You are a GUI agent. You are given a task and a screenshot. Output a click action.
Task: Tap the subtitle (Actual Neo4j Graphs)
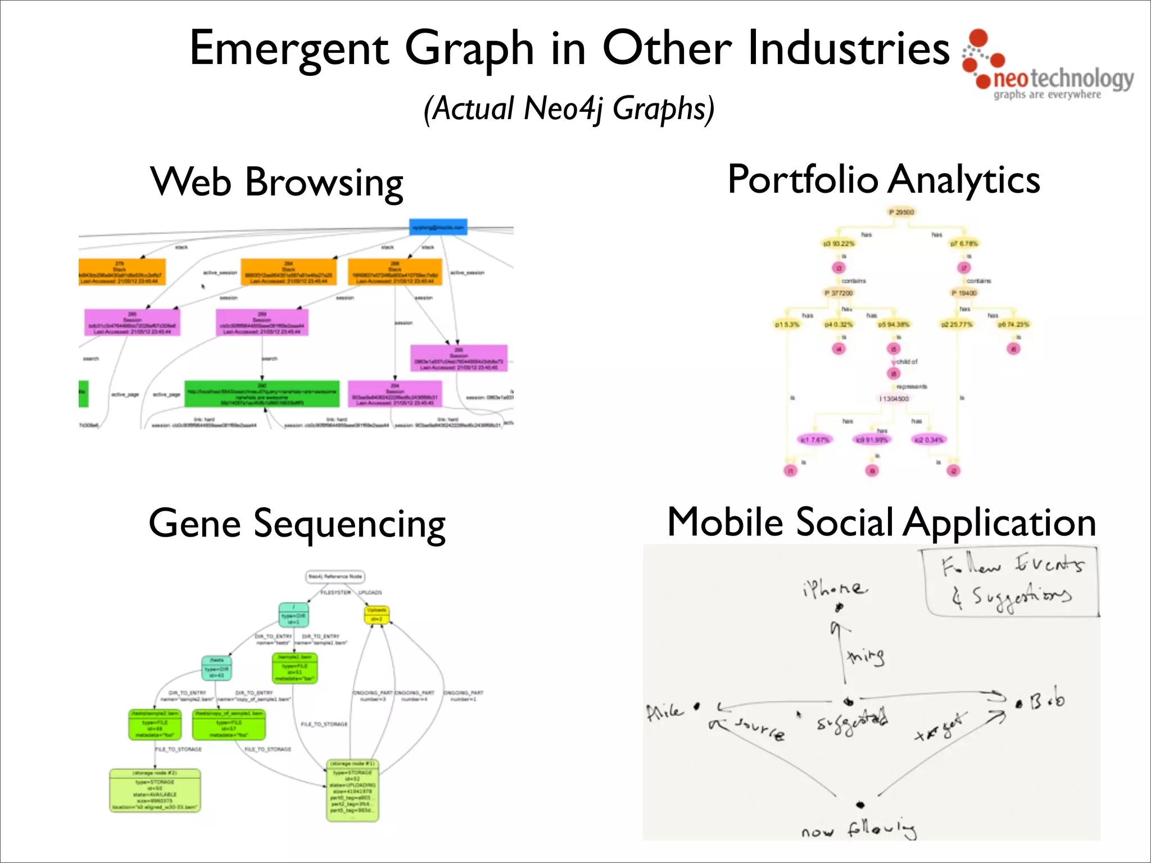pos(569,108)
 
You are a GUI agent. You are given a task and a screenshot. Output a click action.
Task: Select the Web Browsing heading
pos(277,182)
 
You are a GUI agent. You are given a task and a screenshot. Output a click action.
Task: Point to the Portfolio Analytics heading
pos(883,180)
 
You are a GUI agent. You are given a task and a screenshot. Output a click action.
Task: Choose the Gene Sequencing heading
pos(297,524)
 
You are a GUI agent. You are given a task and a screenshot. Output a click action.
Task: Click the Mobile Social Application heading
pos(881,523)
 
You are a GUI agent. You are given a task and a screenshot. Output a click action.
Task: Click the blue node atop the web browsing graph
pos(438,228)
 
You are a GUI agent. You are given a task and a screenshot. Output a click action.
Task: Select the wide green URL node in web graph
pos(262,394)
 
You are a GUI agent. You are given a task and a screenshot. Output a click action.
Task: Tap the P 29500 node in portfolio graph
pos(901,212)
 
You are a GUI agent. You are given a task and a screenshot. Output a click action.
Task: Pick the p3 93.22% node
pos(839,243)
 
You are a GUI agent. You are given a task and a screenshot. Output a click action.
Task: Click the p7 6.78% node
pos(964,243)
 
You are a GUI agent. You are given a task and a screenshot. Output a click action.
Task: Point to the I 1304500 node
pos(894,398)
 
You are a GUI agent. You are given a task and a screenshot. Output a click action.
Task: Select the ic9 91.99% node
pos(872,439)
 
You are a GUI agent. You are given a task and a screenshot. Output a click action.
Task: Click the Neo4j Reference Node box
pos(336,576)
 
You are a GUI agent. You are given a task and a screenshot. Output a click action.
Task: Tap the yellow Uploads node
pos(377,615)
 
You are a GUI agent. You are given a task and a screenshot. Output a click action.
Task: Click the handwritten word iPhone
pos(835,588)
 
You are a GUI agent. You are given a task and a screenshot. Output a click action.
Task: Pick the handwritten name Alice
pos(665,712)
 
